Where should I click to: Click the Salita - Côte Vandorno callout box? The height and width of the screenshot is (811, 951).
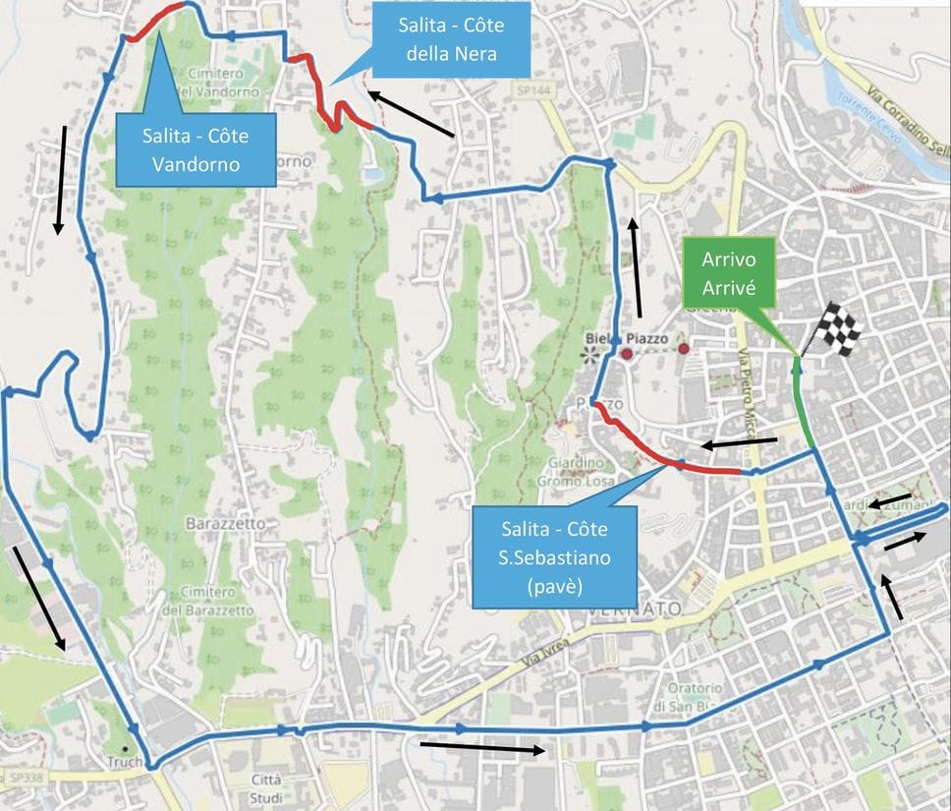pyautogui.click(x=196, y=147)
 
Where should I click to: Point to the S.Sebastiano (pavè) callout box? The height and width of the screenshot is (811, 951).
pyautogui.click(x=554, y=555)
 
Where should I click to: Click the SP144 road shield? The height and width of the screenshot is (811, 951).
pyautogui.click(x=529, y=89)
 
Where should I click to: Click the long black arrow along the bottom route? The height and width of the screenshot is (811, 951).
pyautogui.click(x=481, y=747)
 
